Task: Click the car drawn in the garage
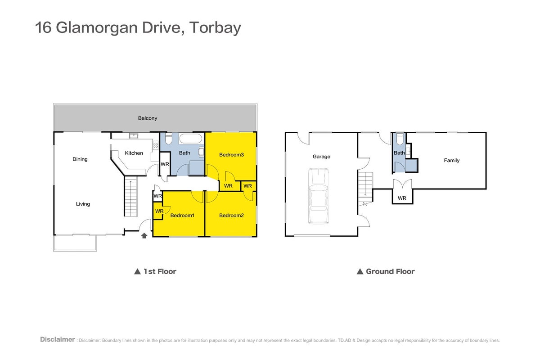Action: [318, 196]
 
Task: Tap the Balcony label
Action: [148, 118]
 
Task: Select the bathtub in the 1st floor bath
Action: [190, 139]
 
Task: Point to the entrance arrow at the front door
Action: [144, 236]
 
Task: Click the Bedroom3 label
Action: [231, 155]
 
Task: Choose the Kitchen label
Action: [134, 153]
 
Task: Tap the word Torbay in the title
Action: [215, 28]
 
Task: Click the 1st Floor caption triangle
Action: [137, 271]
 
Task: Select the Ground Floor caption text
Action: [390, 271]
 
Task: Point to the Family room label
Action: [452, 160]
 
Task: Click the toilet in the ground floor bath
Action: [400, 139]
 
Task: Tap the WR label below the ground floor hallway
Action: [402, 198]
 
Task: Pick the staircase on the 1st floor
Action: [130, 197]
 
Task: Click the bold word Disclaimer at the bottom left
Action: [58, 339]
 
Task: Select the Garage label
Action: [321, 157]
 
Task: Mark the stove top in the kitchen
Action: [156, 145]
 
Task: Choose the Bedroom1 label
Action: [182, 215]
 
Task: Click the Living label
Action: [83, 204]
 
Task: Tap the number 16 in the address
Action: [43, 27]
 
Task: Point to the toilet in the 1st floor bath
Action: [168, 139]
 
